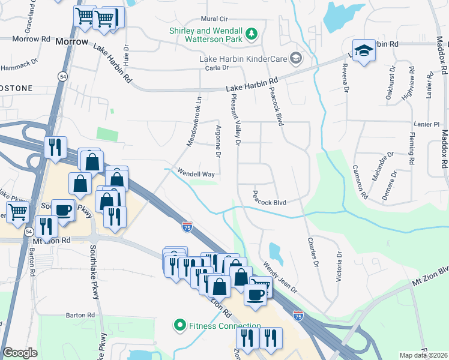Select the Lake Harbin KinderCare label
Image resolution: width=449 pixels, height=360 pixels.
244,58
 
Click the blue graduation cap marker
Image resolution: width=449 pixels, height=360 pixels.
362,52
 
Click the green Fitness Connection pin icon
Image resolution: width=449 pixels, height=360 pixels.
179,326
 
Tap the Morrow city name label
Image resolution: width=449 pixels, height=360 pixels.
71,42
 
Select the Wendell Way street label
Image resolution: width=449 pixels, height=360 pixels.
196,173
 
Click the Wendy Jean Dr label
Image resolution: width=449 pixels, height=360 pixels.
280,276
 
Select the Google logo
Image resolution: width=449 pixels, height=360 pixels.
20,353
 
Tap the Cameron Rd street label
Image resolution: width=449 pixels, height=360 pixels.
360,182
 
